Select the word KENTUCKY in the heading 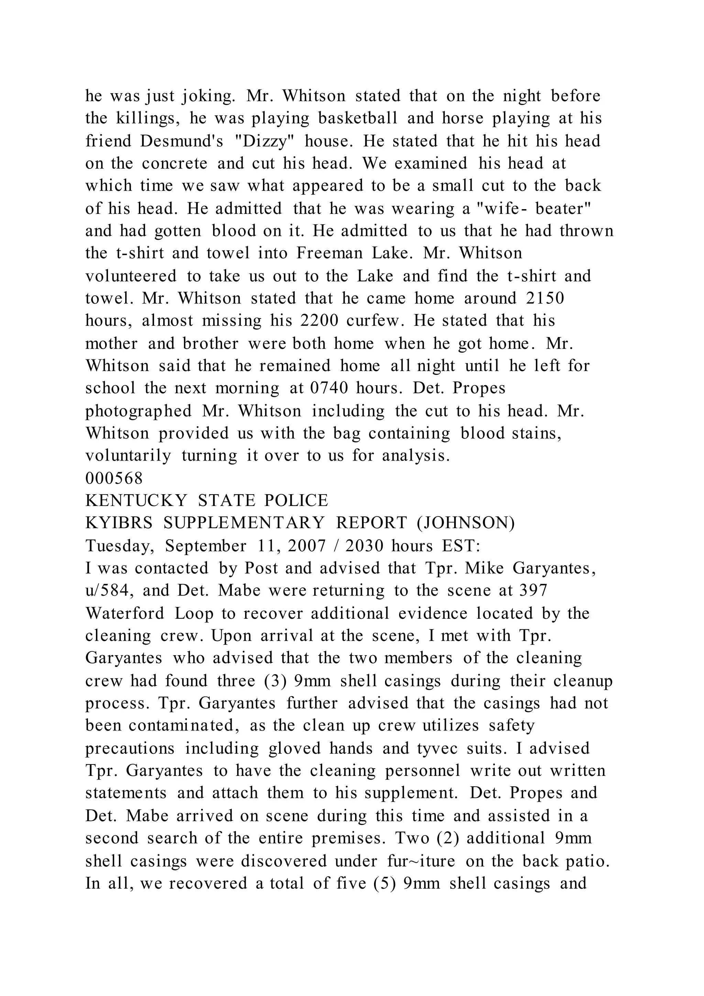[136, 501]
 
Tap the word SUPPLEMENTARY [244, 523]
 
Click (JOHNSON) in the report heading [466, 523]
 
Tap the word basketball [357, 118]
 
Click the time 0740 [329, 388]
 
